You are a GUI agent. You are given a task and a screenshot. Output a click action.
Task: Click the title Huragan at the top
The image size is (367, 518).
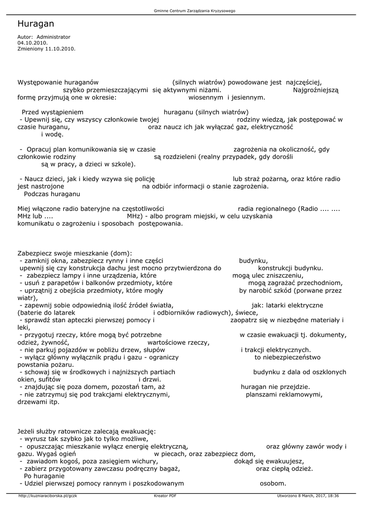point(35,24)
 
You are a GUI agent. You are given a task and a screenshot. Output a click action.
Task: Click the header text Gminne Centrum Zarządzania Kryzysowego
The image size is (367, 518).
point(194,11)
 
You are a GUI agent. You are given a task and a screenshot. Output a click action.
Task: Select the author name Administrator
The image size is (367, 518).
point(54,37)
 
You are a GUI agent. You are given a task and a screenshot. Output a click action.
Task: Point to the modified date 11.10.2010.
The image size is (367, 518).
point(60,49)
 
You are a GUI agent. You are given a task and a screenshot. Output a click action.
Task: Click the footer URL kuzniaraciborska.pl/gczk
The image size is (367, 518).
point(48,496)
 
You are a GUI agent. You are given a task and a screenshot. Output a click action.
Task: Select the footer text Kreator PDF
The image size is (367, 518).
point(165,496)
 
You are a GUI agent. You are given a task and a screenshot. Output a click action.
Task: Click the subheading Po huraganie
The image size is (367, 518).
point(44,476)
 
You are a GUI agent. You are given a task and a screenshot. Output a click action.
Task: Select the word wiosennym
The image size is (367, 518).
point(206,97)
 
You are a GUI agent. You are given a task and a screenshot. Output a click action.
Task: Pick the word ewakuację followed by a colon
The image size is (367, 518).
point(136,431)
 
